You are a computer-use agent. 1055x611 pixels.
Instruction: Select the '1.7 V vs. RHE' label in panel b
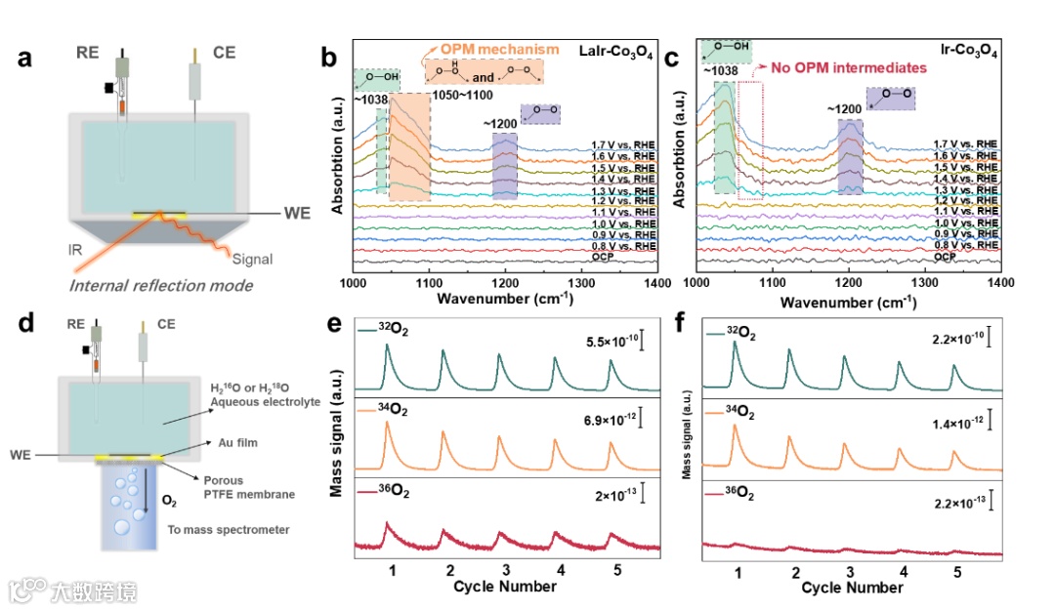[623, 144]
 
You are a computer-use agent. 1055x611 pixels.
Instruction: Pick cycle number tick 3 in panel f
[851, 570]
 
